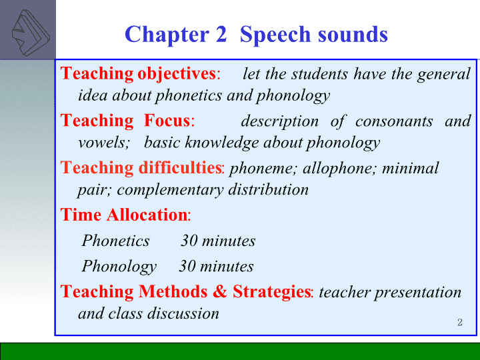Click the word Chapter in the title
point(167,34)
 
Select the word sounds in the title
point(353,34)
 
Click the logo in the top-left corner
point(30,33)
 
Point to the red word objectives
point(177,74)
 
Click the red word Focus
point(167,120)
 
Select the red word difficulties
point(180,167)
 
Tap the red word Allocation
point(147,215)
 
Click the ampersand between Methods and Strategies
point(219,291)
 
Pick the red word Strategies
point(271,292)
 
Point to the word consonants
point(394,121)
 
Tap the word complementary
point(170,191)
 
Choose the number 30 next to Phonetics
point(189,241)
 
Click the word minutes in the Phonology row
point(227,266)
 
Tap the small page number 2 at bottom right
point(460,323)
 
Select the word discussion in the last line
point(183,313)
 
